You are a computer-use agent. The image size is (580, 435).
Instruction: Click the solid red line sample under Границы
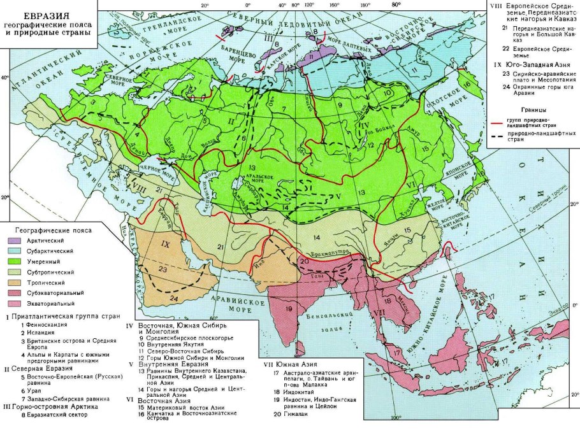click(x=501, y=122)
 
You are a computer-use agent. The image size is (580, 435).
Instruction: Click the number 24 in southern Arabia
click(x=174, y=297)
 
